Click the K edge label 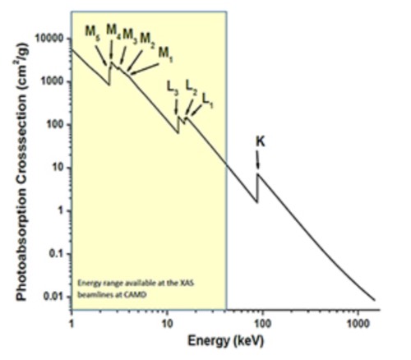click(260, 141)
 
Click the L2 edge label click(191, 85)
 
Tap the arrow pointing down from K click(259, 160)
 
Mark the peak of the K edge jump click(258, 173)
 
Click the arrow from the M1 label click(144, 66)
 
